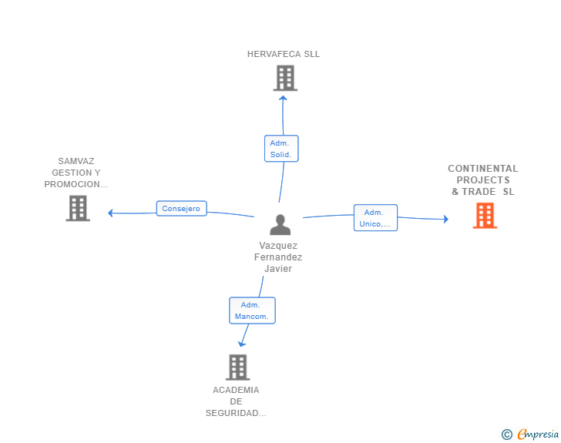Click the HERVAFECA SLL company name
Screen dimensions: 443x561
(283, 54)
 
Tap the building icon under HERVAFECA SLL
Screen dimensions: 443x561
(284, 78)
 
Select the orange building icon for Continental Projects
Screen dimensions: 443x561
(484, 216)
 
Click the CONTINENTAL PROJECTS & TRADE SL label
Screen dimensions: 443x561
(483, 180)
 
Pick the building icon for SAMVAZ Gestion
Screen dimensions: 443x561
(78, 208)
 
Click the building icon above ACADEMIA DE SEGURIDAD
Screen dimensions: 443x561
(237, 367)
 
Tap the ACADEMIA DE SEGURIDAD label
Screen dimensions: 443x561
(236, 401)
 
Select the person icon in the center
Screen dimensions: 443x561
(280, 224)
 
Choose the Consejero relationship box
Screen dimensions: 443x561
(181, 208)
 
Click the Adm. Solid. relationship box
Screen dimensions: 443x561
(280, 149)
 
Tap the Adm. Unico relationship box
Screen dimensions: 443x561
(375, 218)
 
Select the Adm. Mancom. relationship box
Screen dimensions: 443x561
(252, 310)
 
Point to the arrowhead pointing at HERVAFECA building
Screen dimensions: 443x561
(283, 97)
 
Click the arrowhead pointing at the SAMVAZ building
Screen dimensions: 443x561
(111, 213)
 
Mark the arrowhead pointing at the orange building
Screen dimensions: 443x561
(445, 219)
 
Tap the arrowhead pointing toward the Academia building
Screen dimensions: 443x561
(242, 344)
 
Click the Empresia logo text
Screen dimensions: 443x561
(538, 435)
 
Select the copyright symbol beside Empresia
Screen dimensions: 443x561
(506, 435)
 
